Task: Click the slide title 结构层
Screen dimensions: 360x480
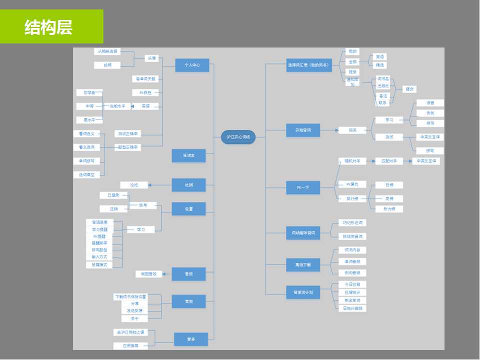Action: coord(48,27)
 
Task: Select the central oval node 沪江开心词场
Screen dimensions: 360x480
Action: coord(238,137)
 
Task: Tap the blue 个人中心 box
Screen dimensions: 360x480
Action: coord(192,65)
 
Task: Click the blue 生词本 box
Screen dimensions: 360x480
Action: coord(188,155)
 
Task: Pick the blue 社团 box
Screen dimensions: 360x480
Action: coord(188,185)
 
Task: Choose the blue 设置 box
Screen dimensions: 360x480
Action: coord(188,209)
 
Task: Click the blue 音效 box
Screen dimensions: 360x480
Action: coord(188,273)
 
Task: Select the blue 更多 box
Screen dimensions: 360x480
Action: coord(190,339)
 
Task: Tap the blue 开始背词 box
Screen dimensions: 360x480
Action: coord(303,130)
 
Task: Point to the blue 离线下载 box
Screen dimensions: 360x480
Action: coord(303,265)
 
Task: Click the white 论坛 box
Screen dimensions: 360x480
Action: coord(134,185)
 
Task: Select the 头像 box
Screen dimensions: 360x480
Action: coord(151,58)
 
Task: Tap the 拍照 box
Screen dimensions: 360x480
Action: coord(107,65)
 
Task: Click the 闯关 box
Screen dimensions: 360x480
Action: coord(352,130)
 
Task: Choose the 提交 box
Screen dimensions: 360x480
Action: coord(409,89)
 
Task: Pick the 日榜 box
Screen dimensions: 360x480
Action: coord(389,185)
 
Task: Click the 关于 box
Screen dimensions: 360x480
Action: coord(134,318)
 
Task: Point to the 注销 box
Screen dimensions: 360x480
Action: coord(113,209)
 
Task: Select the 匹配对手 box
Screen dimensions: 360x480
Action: coord(388,161)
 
